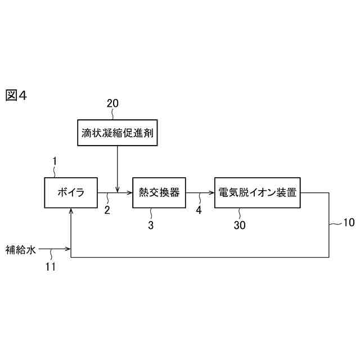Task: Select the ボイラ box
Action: point(71,192)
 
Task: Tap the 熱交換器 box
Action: point(159,192)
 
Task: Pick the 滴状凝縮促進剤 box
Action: point(116,133)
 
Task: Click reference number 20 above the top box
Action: point(112,103)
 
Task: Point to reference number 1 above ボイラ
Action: point(55,161)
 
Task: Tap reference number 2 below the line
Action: point(107,210)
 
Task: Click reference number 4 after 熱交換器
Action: point(198,210)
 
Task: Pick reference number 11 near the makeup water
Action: point(51,267)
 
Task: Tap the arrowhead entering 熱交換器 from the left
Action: point(129,192)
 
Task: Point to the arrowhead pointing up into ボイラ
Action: point(71,211)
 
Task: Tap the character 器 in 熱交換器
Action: point(174,192)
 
